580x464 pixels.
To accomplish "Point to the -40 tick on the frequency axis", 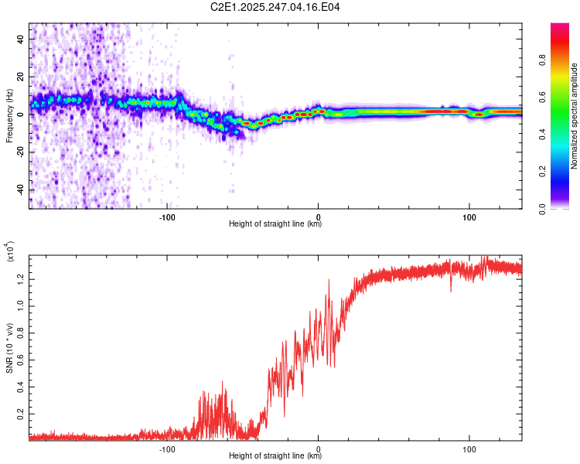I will [20, 189].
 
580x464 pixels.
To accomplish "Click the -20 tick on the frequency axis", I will [20, 152].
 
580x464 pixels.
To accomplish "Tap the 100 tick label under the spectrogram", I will [469, 216].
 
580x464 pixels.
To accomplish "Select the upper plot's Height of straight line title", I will [275, 224].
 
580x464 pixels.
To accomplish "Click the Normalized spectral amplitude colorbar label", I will [575, 116].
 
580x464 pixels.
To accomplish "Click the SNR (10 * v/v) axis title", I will [9, 342].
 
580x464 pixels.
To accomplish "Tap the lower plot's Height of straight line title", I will [275, 456].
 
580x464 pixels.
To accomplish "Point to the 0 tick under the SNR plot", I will [318, 448].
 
